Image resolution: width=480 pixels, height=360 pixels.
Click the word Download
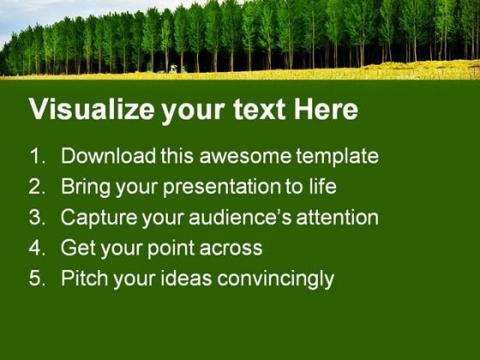(108, 157)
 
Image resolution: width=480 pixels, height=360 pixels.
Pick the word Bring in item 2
(84, 187)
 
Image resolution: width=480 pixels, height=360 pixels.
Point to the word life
(321, 187)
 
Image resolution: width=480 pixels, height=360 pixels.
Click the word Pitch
(83, 279)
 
